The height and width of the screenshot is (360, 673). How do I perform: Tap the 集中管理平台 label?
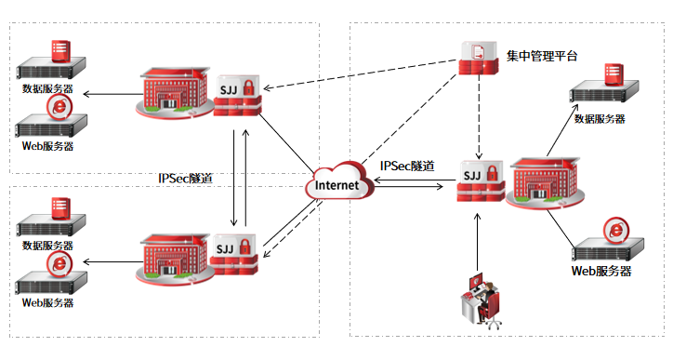[x=542, y=56]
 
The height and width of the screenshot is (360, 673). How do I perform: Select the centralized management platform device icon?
[x=479, y=58]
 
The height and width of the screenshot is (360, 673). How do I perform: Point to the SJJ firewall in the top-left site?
[x=237, y=96]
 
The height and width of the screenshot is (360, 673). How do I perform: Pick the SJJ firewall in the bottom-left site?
[x=234, y=254]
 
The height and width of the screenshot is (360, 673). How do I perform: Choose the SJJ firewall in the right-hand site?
[x=481, y=180]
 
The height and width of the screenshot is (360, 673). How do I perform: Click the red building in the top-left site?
[x=175, y=92]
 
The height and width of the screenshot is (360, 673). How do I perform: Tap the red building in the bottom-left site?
[x=175, y=259]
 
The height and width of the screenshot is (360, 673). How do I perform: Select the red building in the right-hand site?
[x=545, y=183]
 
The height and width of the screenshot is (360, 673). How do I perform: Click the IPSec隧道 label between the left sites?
[x=185, y=178]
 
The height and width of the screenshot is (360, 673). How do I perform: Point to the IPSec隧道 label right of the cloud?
[x=407, y=166]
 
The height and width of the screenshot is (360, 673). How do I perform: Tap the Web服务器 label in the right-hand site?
[x=601, y=271]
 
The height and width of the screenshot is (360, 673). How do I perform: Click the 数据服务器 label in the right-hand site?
[x=600, y=119]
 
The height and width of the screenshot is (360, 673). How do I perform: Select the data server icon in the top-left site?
[x=50, y=60]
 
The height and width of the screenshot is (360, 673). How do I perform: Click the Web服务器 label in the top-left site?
[x=47, y=146]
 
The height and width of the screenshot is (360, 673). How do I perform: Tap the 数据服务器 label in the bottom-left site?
[x=47, y=246]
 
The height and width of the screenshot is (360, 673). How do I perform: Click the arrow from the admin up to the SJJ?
[x=477, y=242]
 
